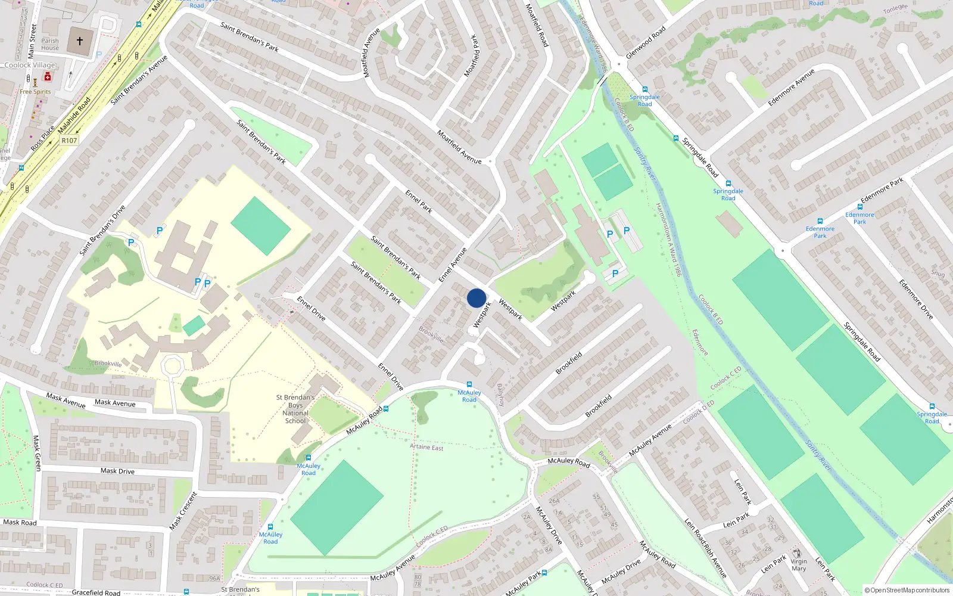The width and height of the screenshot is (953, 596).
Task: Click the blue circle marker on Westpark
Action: click(x=476, y=298)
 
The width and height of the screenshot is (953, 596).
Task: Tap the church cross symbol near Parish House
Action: click(x=80, y=41)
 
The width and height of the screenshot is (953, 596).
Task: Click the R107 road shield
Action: click(x=69, y=141)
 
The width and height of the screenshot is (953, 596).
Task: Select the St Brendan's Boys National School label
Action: click(x=295, y=409)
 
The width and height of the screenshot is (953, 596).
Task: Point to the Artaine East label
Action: click(x=426, y=446)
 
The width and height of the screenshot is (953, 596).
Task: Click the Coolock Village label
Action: click(x=30, y=65)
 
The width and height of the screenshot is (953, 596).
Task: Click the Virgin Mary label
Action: click(x=799, y=565)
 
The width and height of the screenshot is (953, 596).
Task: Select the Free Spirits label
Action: click(x=35, y=92)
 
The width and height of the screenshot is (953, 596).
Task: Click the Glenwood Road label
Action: click(x=646, y=43)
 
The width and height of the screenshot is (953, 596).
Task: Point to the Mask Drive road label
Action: click(x=117, y=471)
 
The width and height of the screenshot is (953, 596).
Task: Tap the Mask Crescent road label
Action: click(x=183, y=511)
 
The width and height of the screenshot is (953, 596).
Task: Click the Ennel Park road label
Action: click(x=419, y=201)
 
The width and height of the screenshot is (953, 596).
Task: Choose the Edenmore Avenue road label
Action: click(x=791, y=88)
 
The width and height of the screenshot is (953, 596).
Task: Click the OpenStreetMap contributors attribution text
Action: click(x=907, y=590)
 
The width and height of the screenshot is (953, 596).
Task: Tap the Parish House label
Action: click(x=50, y=45)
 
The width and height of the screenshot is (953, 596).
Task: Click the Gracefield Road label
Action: click(x=96, y=592)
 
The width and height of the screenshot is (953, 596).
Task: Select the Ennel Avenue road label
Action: click(x=453, y=265)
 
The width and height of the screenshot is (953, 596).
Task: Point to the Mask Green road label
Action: click(x=37, y=453)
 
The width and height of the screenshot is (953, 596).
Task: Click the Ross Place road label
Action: click(x=42, y=138)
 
